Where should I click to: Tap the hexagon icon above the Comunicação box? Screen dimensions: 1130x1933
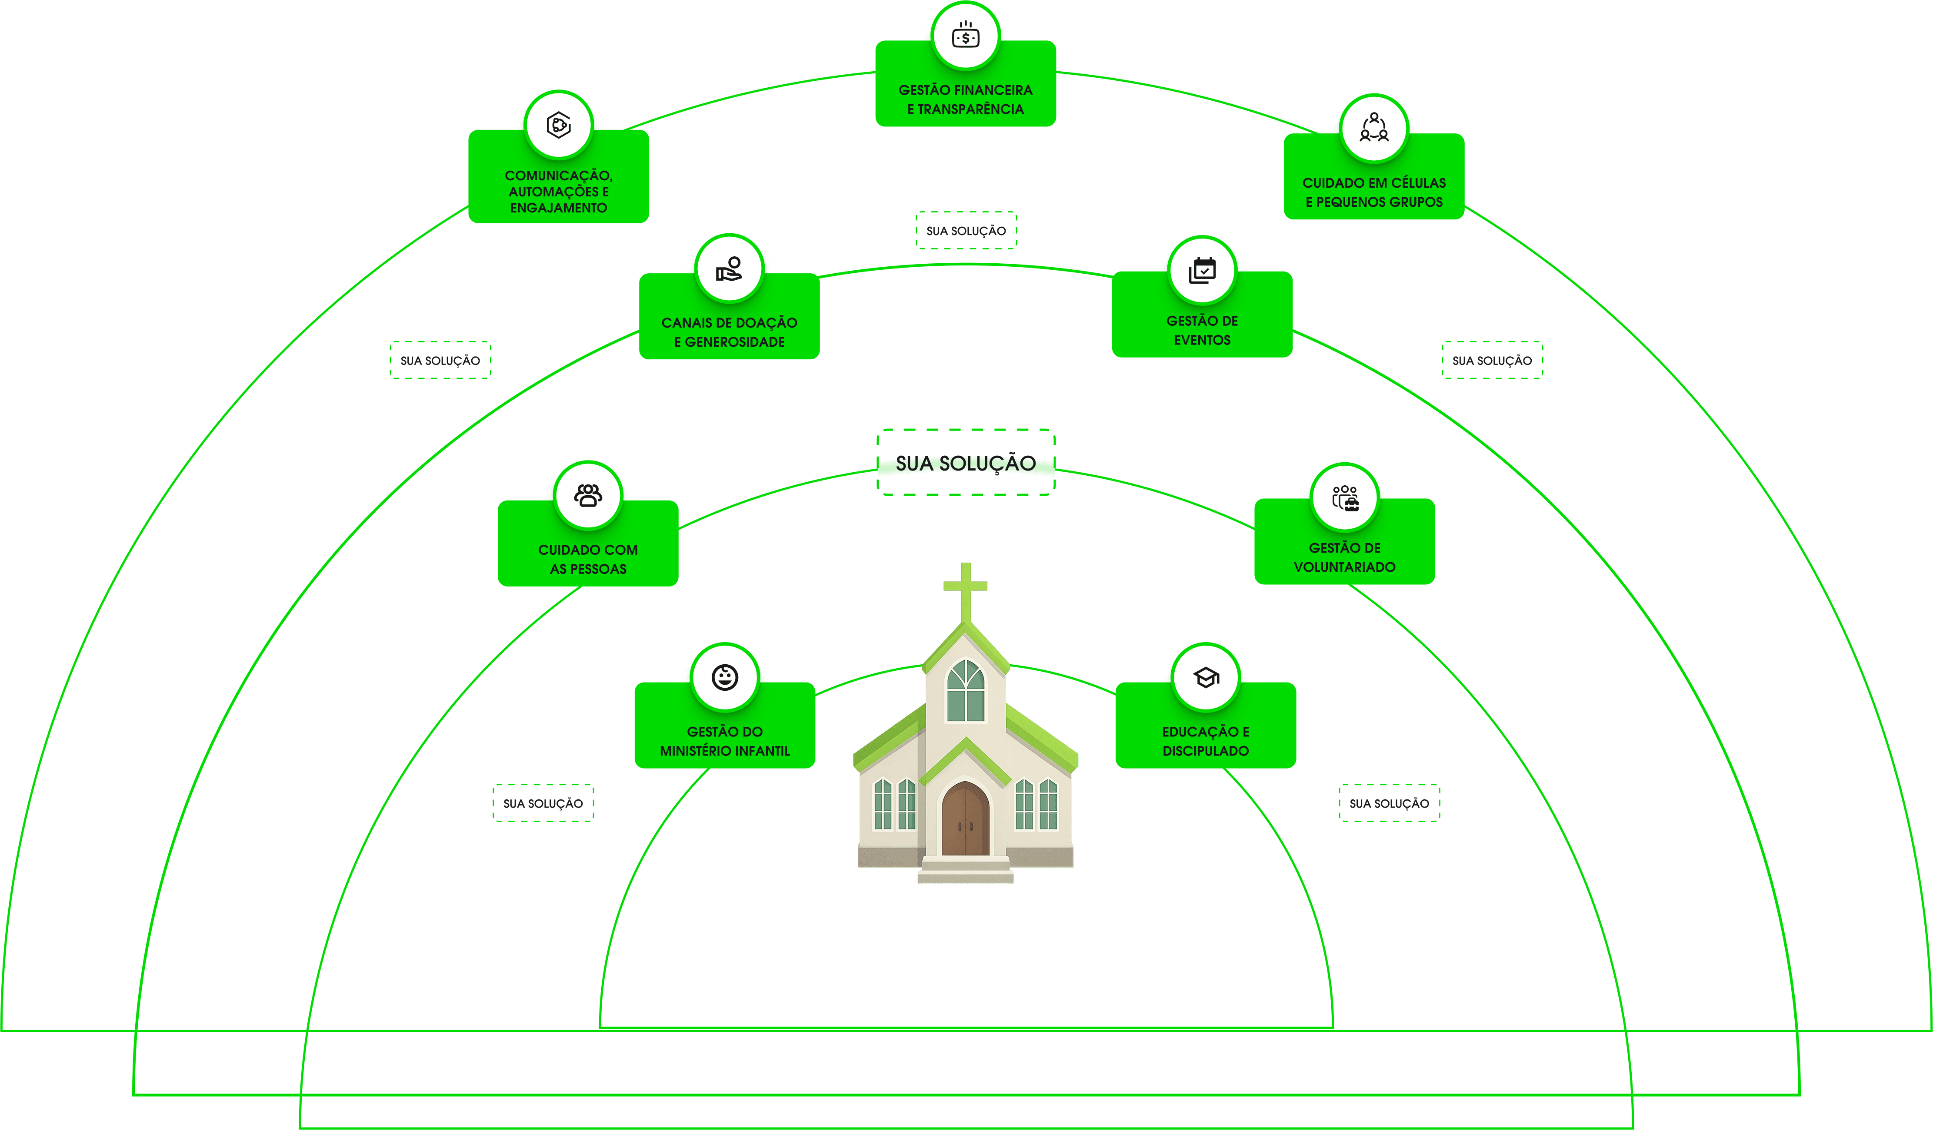tap(558, 125)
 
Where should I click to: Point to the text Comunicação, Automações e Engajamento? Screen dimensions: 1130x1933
tap(558, 192)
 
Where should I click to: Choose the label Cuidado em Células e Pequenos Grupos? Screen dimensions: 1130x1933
tap(1374, 192)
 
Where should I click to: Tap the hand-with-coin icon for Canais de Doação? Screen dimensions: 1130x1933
tap(729, 269)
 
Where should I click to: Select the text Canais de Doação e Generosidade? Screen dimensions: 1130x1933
tap(729, 332)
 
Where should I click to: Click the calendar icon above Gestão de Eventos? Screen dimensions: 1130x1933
tap(1202, 271)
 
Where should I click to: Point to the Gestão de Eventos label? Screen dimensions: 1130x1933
tap(1202, 331)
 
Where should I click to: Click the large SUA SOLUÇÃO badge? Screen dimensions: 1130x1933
tap(966, 462)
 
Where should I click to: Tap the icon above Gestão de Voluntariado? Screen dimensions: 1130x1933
tap(1345, 497)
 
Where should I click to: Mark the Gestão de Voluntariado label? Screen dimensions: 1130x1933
tap(1345, 557)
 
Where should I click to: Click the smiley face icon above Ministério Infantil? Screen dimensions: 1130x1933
tap(725, 678)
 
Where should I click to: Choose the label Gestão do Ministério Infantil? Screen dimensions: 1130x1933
tap(725, 741)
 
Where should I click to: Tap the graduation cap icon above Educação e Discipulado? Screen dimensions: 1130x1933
tap(1206, 678)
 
